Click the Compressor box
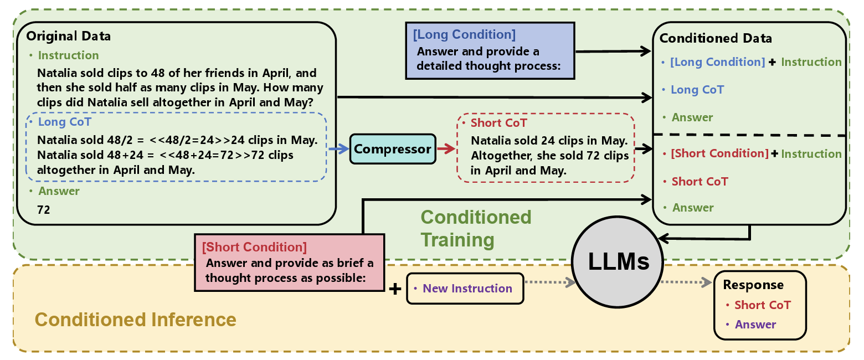[393, 149]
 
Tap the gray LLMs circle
[618, 262]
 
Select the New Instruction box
[465, 289]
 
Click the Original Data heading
[68, 36]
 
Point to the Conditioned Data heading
[716, 38]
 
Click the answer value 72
[44, 210]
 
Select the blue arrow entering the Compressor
[339, 148]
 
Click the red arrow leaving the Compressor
[446, 148]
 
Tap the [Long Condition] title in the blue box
[464, 34]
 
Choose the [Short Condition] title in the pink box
[254, 247]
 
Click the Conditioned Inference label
[135, 320]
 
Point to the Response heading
[753, 285]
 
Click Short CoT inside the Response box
[762, 305]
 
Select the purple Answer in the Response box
[755, 325]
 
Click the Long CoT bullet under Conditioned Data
[697, 90]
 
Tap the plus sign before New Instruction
[395, 289]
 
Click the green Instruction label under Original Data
[68, 55]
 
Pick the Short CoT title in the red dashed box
[498, 123]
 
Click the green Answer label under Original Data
[59, 191]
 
